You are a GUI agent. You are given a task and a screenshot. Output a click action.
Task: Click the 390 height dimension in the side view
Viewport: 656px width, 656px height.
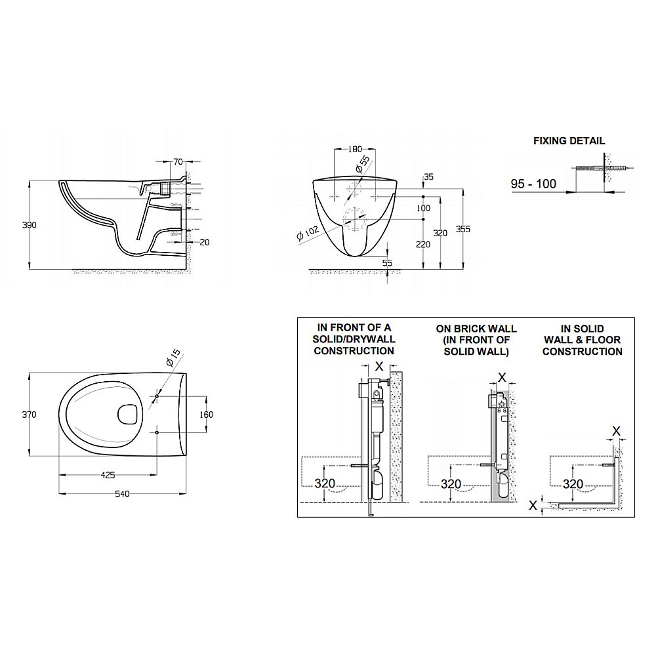pos(30,225)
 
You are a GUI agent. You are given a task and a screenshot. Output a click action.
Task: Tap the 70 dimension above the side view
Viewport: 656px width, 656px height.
pos(178,162)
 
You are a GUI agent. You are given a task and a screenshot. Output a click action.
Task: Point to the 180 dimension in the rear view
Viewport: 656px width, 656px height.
pos(355,150)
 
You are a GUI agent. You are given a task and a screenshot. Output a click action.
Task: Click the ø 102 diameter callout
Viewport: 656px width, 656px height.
pos(308,233)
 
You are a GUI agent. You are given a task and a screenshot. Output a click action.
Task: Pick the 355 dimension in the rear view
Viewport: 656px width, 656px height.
pos(463,229)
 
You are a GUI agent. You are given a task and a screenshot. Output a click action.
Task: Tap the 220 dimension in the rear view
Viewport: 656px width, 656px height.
pos(423,245)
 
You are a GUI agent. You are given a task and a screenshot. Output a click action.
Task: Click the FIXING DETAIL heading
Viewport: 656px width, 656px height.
pos(569,141)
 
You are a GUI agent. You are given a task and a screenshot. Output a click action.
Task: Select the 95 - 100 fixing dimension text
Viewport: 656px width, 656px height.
pos(533,184)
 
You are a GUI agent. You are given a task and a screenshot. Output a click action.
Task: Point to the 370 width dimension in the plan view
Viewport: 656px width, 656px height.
pos(30,415)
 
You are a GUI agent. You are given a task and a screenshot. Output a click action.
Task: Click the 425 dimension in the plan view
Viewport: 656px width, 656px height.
pos(108,475)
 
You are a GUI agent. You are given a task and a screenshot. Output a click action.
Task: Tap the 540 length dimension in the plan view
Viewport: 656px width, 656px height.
pos(122,494)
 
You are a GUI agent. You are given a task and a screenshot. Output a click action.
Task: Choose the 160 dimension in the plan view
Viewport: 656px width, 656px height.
pos(206,415)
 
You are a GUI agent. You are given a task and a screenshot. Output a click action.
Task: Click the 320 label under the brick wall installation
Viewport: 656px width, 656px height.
pos(451,484)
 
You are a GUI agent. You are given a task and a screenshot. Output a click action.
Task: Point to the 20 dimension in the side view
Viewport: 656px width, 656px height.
pos(204,242)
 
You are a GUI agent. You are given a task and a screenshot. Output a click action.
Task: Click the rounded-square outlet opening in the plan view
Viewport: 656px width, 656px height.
pos(129,415)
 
